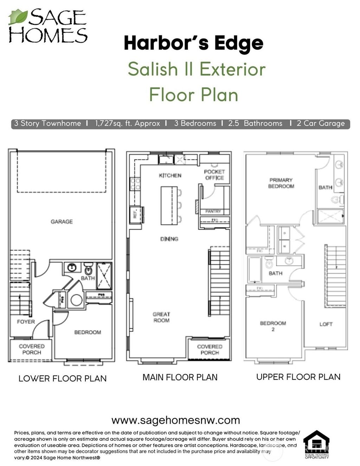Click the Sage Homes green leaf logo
(x=18, y=17)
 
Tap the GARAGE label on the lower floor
(x=62, y=222)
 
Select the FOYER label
(x=26, y=321)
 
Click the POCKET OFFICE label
(x=214, y=175)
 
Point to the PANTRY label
(x=213, y=211)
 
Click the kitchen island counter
(x=169, y=205)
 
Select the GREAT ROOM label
(x=161, y=317)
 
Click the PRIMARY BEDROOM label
(x=281, y=183)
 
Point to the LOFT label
(x=326, y=324)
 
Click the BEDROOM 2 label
(x=273, y=326)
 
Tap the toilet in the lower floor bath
(x=88, y=270)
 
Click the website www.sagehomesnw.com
(x=175, y=420)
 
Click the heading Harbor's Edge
(x=193, y=43)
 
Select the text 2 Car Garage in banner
(x=321, y=123)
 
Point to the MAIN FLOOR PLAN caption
(x=180, y=377)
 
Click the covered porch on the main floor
(x=210, y=349)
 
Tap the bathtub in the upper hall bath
(x=255, y=270)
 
